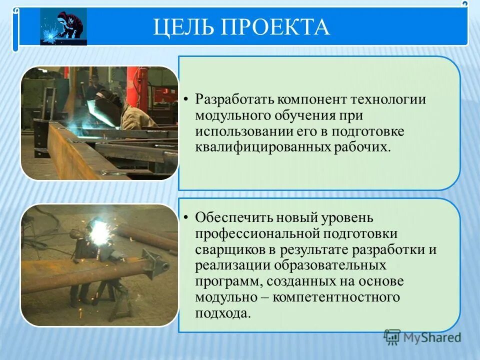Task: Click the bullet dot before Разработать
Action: [x=185, y=99]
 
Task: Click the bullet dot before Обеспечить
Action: [x=185, y=218]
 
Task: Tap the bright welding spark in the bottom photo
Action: [x=98, y=231]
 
